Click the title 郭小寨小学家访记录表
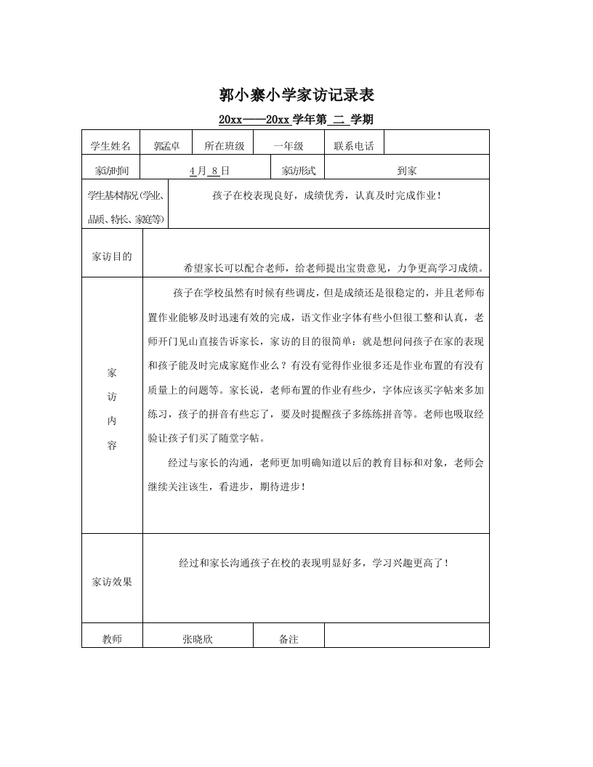click(296, 95)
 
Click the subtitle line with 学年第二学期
click(296, 119)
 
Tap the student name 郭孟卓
click(166, 146)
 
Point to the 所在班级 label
click(225, 146)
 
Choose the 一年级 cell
click(288, 146)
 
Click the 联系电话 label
click(354, 146)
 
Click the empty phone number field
click(435, 143)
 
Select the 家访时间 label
click(112, 171)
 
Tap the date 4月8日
click(209, 171)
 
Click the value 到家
click(407, 171)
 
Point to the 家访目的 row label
click(113, 256)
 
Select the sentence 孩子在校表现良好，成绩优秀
click(327, 195)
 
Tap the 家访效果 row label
click(113, 582)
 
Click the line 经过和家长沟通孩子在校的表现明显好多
click(315, 563)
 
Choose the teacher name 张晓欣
click(198, 639)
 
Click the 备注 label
click(289, 639)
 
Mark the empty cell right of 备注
click(406, 636)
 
